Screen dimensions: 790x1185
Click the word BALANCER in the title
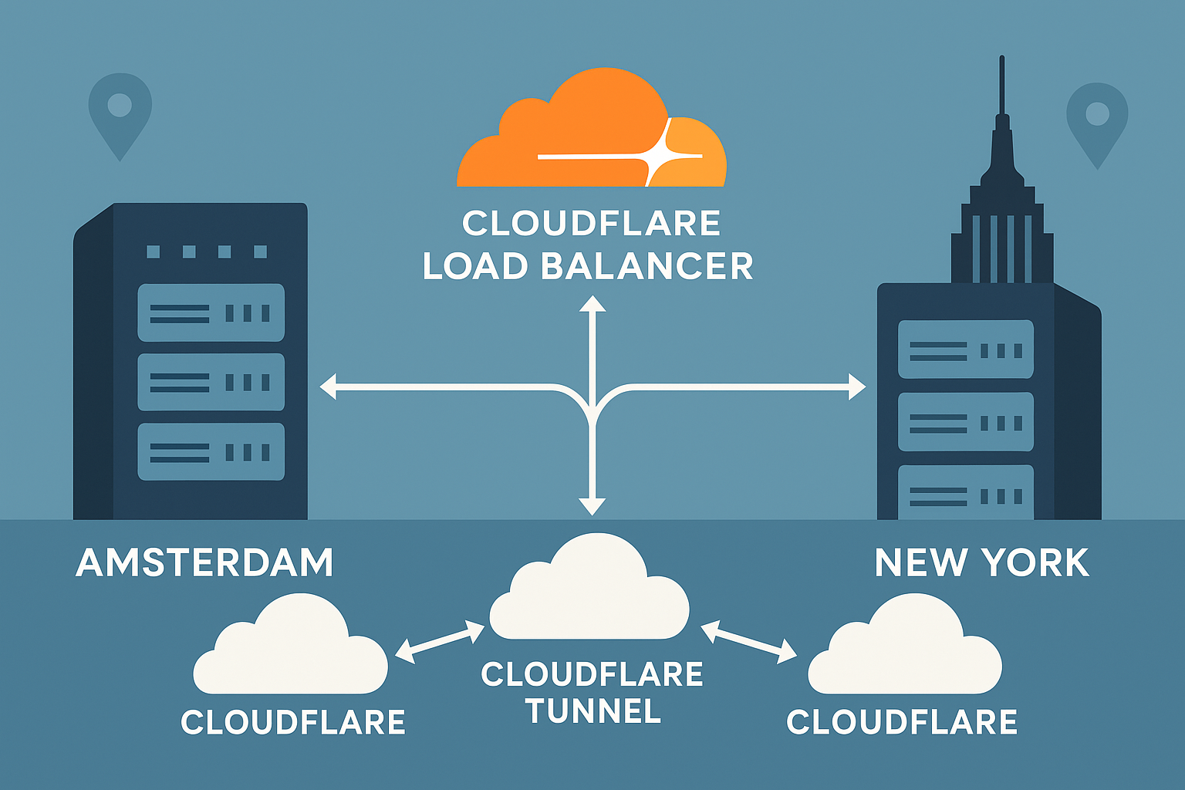647,267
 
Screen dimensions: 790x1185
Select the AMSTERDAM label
204,563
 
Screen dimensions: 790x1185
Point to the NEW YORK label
981,563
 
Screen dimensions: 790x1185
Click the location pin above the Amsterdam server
120,112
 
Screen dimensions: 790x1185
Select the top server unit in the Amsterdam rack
211,312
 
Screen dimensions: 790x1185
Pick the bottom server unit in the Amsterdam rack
211,451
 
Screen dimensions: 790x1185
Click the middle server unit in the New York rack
965,422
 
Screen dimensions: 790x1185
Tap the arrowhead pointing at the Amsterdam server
329,387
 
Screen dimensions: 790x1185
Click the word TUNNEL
592,711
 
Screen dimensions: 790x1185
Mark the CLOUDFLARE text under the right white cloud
902,723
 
